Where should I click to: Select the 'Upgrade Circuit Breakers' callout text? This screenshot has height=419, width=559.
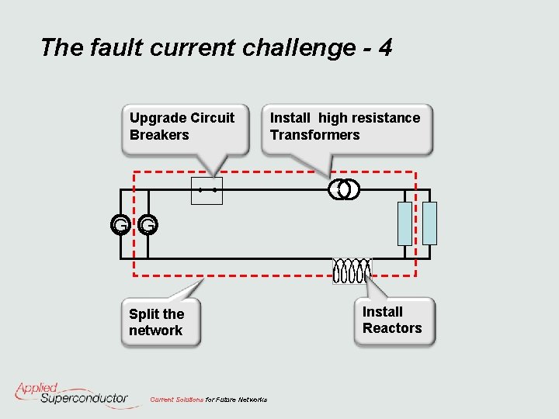point(182,126)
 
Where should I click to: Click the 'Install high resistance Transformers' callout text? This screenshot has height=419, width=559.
point(345,126)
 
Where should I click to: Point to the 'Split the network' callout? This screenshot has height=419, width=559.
point(157,322)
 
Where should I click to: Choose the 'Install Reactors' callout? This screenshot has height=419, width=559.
point(392,320)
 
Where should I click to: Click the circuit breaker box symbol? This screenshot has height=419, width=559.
point(207,190)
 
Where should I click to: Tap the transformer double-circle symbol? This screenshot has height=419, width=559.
point(344,189)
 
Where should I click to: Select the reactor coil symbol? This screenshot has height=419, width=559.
point(352,271)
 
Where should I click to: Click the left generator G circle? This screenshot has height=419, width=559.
point(120,225)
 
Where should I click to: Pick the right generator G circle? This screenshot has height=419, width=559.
point(148,225)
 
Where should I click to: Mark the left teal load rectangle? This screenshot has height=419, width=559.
point(404,223)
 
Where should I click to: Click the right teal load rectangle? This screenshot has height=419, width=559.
point(429,223)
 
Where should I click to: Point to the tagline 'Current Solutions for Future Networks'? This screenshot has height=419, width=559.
point(208,400)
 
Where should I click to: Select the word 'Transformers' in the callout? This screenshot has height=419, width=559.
point(315,135)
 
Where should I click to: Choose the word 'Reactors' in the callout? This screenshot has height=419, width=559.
point(392,328)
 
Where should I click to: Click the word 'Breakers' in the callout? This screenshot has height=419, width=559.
point(159,135)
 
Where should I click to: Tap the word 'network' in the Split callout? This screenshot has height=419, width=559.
point(155,331)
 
